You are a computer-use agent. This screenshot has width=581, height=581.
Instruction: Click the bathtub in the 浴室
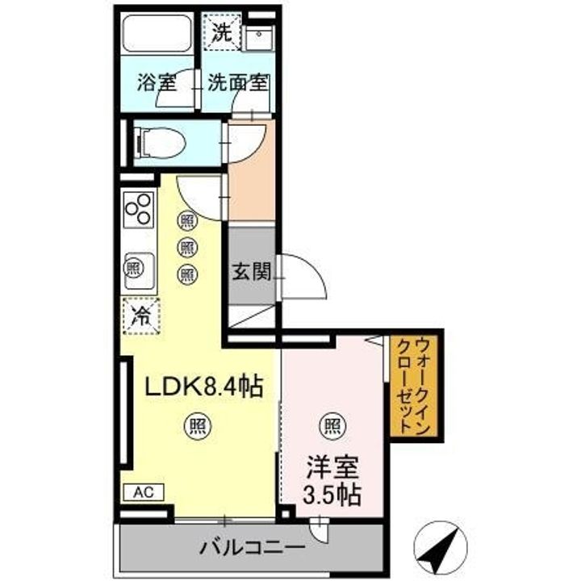click(x=157, y=34)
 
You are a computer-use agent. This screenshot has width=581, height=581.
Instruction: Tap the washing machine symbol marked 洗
click(x=223, y=31)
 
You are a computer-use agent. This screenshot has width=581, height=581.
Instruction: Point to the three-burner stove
click(x=139, y=209)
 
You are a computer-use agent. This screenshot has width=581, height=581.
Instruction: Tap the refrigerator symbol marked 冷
click(x=141, y=316)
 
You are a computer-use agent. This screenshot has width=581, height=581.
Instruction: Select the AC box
click(x=144, y=492)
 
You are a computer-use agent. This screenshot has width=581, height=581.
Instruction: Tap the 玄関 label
click(x=252, y=273)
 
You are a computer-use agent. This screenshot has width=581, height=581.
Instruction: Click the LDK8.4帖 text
click(x=203, y=387)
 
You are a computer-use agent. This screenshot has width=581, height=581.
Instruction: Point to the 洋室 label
click(x=332, y=467)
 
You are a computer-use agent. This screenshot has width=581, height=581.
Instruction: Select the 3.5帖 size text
click(x=332, y=495)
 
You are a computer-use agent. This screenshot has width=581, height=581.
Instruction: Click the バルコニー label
click(x=252, y=547)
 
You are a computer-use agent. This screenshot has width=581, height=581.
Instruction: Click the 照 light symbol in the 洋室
click(x=332, y=427)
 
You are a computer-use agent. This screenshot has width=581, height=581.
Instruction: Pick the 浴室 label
click(x=157, y=82)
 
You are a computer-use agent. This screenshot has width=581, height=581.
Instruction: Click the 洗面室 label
click(x=238, y=82)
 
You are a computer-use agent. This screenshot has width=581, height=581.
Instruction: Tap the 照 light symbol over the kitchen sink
click(x=133, y=269)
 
